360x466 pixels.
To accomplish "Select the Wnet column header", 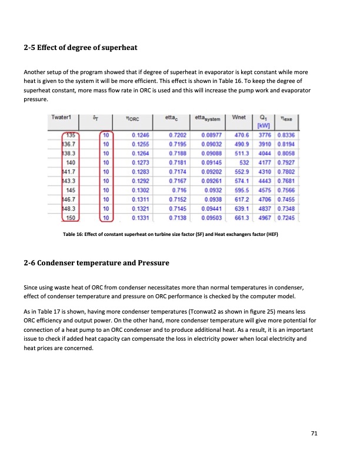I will (x=239, y=118).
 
